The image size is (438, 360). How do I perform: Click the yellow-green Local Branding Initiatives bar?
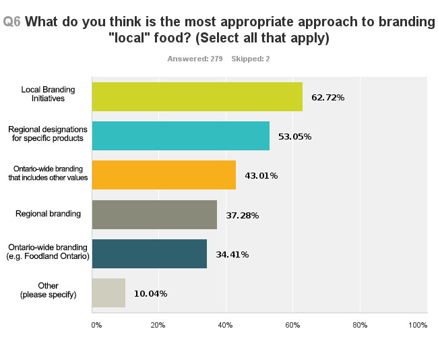(x=197, y=97)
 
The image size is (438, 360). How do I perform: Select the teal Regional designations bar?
(x=181, y=136)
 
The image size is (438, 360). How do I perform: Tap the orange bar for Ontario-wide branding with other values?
(x=164, y=175)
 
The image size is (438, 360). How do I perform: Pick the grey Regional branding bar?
(x=154, y=214)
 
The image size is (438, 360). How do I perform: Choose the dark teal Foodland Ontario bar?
(x=149, y=253)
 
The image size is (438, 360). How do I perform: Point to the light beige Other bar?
(x=108, y=293)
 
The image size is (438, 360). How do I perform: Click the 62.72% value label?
(x=327, y=98)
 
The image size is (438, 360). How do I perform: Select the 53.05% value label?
(x=294, y=137)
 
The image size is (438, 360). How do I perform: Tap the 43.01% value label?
(x=261, y=176)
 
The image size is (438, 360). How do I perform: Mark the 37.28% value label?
(x=242, y=215)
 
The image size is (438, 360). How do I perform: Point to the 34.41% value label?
(x=232, y=254)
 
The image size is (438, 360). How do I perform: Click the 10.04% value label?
(x=150, y=293)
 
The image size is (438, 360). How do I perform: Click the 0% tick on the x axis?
(x=96, y=325)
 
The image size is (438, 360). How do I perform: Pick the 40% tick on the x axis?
(x=226, y=325)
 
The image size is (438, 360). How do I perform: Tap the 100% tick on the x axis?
(x=418, y=325)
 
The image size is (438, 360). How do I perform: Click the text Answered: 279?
(x=195, y=59)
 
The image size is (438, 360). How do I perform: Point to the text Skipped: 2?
(x=251, y=59)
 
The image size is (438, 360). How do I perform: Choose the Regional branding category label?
(x=48, y=214)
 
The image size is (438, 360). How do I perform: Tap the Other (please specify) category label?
(x=48, y=291)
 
